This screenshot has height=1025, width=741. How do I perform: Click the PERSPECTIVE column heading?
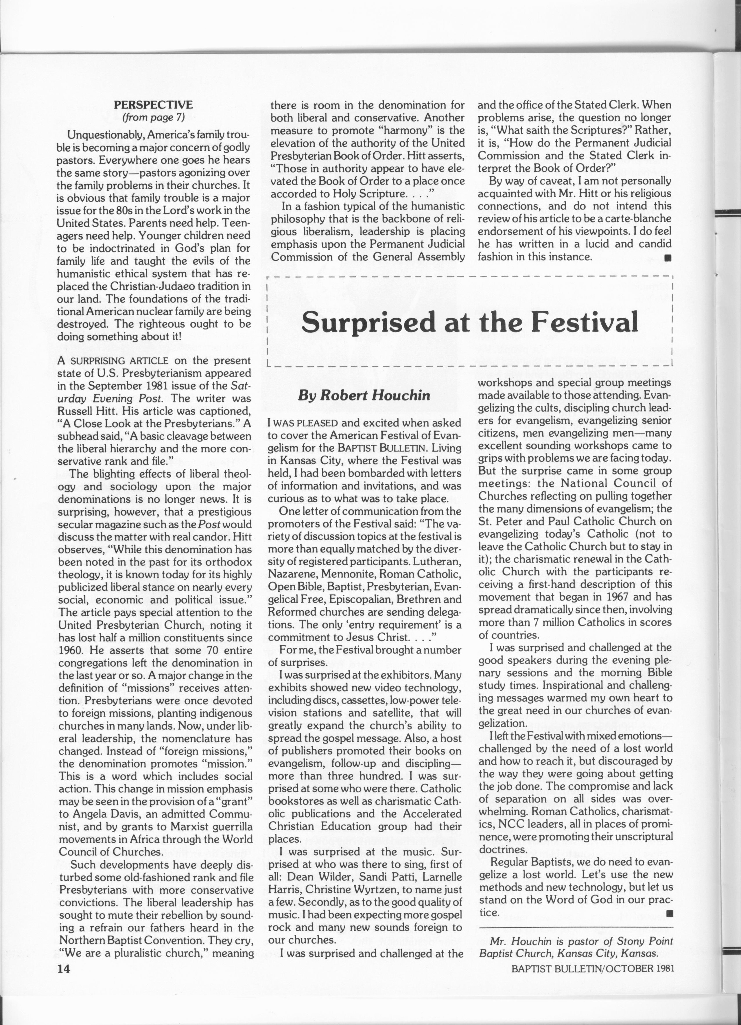pyautogui.click(x=153, y=105)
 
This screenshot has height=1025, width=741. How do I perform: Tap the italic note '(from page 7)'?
pyautogui.click(x=153, y=117)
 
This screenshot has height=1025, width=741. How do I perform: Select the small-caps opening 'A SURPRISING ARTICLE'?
pyautogui.click(x=113, y=361)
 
